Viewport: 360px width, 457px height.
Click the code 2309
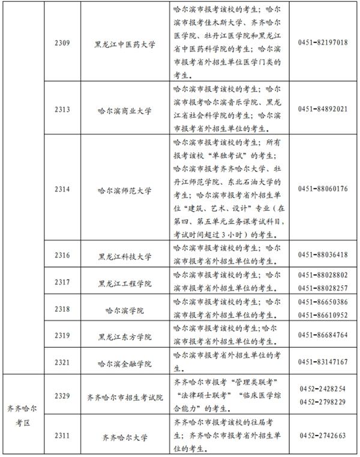(x=62, y=44)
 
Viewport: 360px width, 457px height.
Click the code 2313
(x=62, y=109)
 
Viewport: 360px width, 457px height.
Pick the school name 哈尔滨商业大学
(x=125, y=110)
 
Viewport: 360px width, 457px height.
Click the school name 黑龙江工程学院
(x=125, y=282)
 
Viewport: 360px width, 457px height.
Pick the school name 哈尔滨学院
(x=125, y=309)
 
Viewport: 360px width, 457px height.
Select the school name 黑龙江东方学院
(x=125, y=336)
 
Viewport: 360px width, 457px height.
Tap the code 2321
(x=62, y=362)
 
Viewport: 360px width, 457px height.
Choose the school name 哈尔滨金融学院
(x=125, y=363)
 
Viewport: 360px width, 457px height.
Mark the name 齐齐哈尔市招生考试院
(x=125, y=396)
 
